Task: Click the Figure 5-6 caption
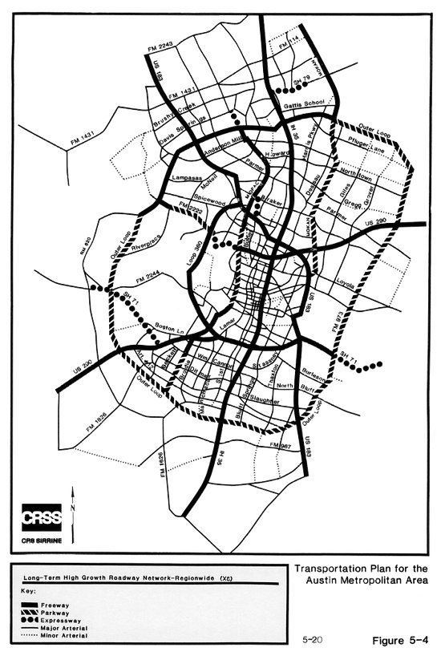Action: pyautogui.click(x=401, y=640)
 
